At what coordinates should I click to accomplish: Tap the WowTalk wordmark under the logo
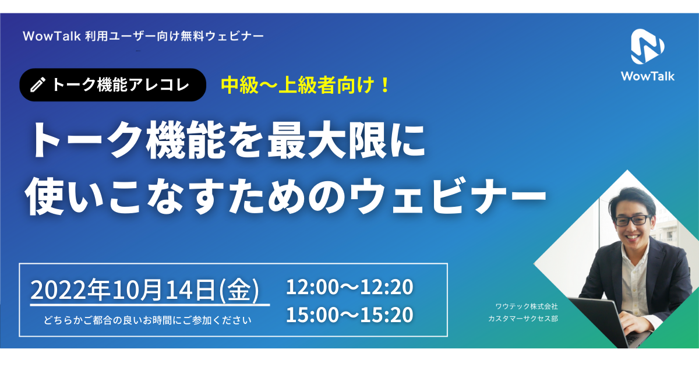click(x=647, y=76)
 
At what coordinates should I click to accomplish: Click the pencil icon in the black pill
click(x=37, y=85)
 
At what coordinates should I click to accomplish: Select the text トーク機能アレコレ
click(x=121, y=85)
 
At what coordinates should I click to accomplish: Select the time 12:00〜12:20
click(x=349, y=287)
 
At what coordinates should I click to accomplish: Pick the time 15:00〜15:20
click(x=349, y=315)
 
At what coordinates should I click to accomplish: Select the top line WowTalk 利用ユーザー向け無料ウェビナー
click(x=143, y=36)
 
